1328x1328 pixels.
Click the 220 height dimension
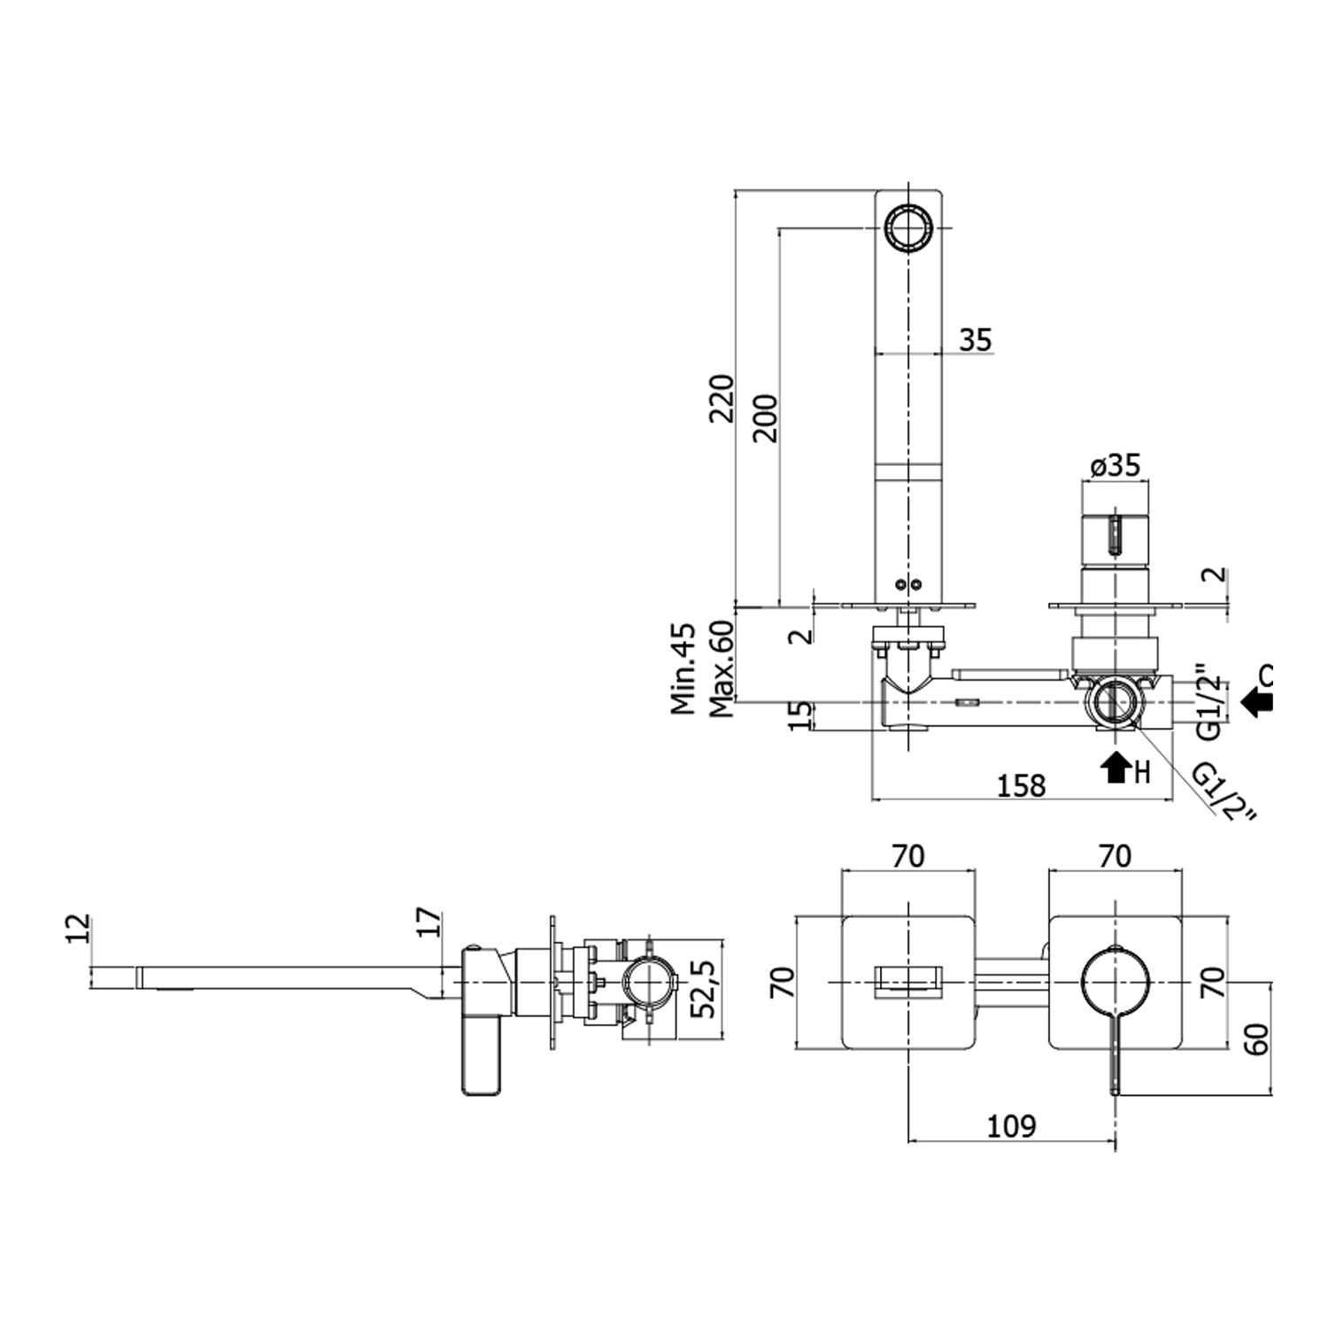tap(722, 398)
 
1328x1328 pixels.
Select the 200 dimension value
tap(765, 418)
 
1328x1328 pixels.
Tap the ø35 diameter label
tap(1116, 466)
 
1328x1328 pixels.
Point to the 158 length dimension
tap(1022, 785)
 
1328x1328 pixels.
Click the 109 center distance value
tap(1011, 1126)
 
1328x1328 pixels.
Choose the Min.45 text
tap(683, 668)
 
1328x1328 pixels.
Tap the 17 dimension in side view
tap(428, 922)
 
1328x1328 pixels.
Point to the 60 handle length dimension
tap(1257, 1038)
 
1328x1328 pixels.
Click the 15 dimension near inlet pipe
tap(799, 715)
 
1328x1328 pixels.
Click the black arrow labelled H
tap(1116, 768)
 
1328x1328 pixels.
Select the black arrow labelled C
tap(1256, 703)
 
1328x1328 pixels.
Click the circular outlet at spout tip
tap(908, 228)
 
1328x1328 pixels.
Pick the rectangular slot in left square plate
tap(908, 983)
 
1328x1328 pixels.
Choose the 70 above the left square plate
tap(908, 856)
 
